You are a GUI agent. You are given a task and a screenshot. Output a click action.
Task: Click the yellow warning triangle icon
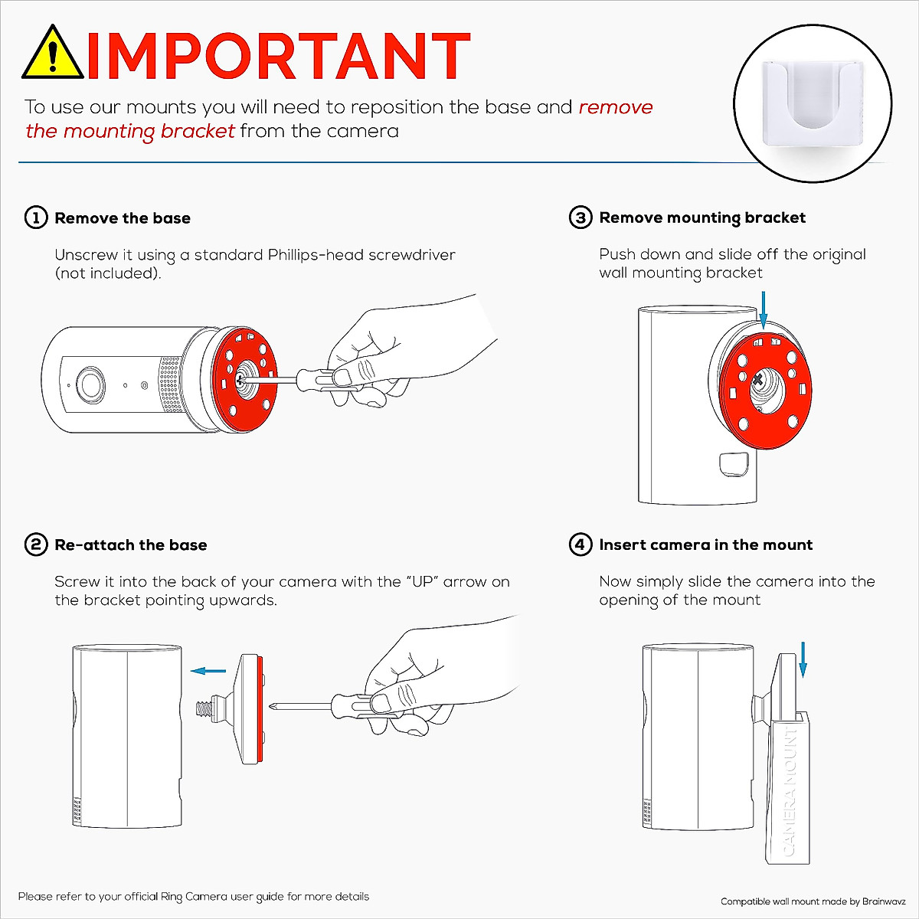pyautogui.click(x=53, y=54)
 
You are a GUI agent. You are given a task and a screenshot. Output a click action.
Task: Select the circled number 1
pyautogui.click(x=36, y=218)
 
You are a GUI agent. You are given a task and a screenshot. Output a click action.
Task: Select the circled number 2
pyautogui.click(x=36, y=545)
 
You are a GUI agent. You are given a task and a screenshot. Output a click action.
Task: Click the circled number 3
pyautogui.click(x=581, y=218)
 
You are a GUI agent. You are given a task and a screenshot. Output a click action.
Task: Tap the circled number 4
pyautogui.click(x=581, y=545)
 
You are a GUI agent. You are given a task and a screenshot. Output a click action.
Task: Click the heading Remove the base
pyautogui.click(x=123, y=218)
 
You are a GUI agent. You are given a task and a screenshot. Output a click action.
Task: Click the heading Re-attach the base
pyautogui.click(x=131, y=545)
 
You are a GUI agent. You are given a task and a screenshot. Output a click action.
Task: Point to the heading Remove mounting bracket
pyautogui.click(x=702, y=218)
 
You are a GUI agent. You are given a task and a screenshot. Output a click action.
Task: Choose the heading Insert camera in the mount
pyautogui.click(x=705, y=545)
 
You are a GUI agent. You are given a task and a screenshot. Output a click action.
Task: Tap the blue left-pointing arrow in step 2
pyautogui.click(x=208, y=671)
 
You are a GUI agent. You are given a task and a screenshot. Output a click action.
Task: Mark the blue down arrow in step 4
pyautogui.click(x=803, y=659)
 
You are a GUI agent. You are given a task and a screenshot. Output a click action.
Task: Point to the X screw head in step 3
pyautogui.click(x=757, y=380)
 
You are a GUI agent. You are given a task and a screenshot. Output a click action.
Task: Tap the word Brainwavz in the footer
pyautogui.click(x=884, y=901)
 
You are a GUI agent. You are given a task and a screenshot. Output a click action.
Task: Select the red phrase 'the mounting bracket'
pyautogui.click(x=130, y=131)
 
